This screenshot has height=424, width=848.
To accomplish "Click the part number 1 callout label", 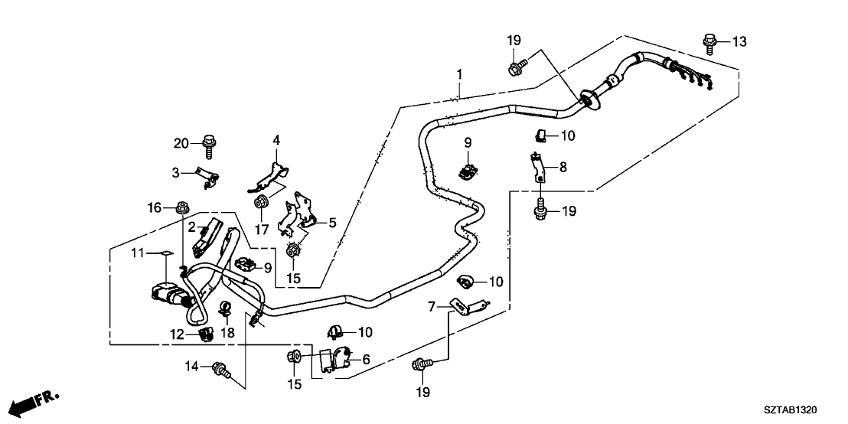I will click(459, 74).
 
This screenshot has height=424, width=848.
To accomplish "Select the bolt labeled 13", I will click(709, 40).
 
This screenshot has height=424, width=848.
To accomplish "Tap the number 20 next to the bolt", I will click(181, 143).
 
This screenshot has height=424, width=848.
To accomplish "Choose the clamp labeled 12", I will click(205, 334).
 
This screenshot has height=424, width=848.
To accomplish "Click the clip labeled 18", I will click(226, 310).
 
